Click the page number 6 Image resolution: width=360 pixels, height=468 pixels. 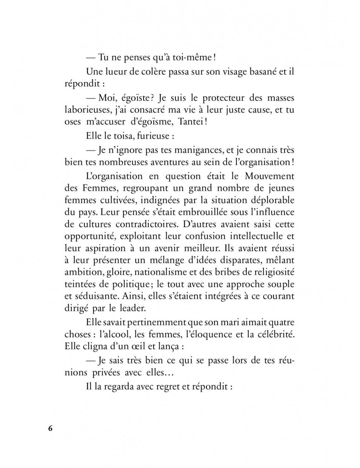pyautogui.click(x=50, y=428)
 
